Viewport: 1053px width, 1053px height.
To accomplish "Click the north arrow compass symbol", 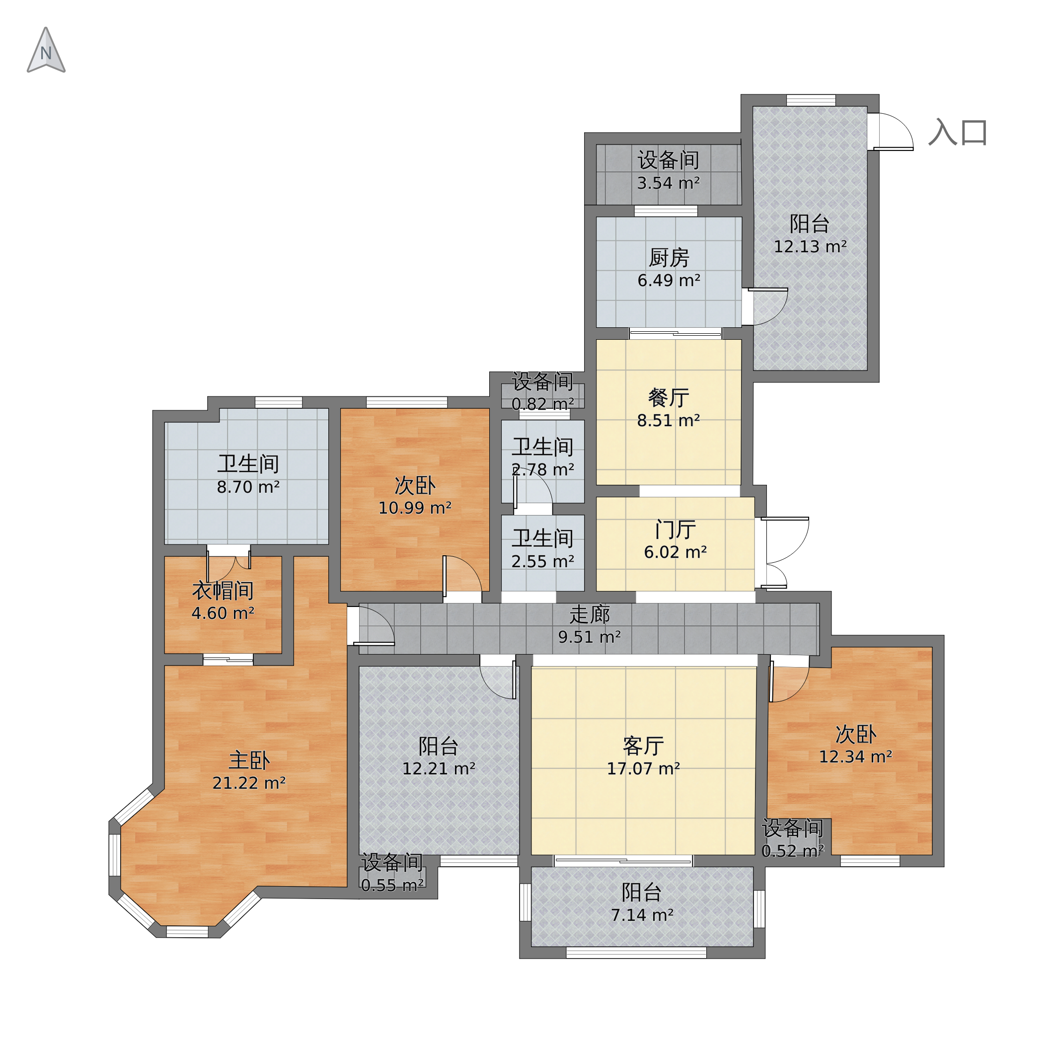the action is (46, 51).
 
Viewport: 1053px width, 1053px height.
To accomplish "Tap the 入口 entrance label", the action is (958, 133).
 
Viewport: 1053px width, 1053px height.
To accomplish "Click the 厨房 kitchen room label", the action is (669, 258).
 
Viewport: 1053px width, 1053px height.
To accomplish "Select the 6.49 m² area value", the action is (669, 281).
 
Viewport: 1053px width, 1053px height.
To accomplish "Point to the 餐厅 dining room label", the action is (669, 398).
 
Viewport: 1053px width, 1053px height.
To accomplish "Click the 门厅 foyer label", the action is (676, 530).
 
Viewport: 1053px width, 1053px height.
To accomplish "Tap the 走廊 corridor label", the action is (590, 615).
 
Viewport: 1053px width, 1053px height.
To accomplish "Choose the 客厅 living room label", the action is (644, 746).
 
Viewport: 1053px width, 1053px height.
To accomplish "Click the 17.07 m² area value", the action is (644, 769).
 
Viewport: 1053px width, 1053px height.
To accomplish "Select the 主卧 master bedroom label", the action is (249, 760).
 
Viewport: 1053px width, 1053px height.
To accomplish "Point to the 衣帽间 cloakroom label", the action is (223, 590).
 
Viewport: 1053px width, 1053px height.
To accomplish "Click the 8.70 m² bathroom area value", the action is (248, 487).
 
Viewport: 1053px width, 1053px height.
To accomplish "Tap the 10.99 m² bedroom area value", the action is (415, 508).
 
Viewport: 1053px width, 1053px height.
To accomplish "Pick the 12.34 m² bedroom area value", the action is (856, 757).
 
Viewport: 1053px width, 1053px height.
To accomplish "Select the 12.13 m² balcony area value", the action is (811, 247).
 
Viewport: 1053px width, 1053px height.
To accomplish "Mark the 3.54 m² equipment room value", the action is (669, 183).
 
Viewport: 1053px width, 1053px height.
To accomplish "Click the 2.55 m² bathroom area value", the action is (543, 561).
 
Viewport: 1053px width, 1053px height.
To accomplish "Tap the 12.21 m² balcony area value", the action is (439, 769).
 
